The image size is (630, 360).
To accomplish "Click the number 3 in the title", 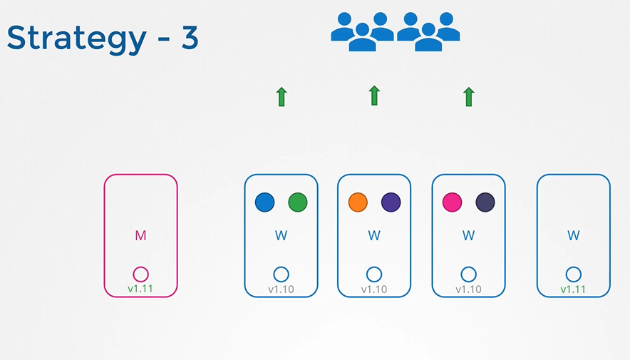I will pos(189,38).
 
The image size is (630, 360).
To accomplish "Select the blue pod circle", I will pos(264,202).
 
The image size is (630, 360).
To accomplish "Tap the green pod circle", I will pos(298,202).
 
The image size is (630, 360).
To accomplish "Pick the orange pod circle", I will pos(358,202).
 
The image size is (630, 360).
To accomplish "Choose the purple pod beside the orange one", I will pos(391,202).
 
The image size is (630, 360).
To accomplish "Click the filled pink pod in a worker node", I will pos(452,202).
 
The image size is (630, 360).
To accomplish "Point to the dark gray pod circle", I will pos(485,202).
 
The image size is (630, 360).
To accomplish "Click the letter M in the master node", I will pos(140,236).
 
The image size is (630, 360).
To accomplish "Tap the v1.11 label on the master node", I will pos(141,289).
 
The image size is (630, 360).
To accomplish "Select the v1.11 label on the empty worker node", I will pos(574,289).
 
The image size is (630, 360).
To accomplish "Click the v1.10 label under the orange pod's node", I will pos(374,289).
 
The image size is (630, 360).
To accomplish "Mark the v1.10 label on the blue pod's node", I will pos(282,289).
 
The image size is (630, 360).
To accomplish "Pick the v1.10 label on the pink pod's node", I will pos(468,289).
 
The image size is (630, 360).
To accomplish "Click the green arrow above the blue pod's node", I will pos(282,96).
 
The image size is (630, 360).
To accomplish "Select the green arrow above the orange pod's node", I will pos(374,96).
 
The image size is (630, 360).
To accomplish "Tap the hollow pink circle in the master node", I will pos(140,274).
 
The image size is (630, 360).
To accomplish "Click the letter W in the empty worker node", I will pos(574,235).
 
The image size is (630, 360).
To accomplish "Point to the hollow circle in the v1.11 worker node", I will pos(574,274).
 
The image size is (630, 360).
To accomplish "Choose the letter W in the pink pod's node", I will pos(468,235).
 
